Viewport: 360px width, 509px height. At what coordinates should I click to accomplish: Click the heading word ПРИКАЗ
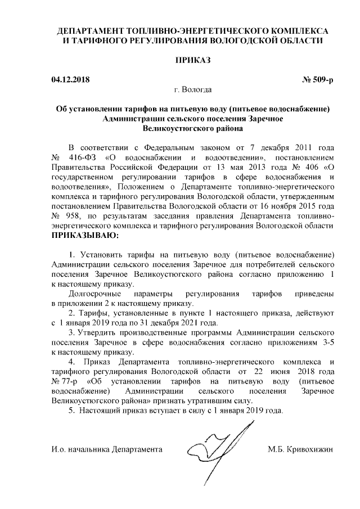tap(193, 60)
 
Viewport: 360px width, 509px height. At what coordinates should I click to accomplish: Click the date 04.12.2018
tap(70, 80)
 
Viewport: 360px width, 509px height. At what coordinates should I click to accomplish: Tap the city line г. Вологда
tap(193, 89)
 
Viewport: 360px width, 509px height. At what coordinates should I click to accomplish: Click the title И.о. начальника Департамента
tap(106, 449)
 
